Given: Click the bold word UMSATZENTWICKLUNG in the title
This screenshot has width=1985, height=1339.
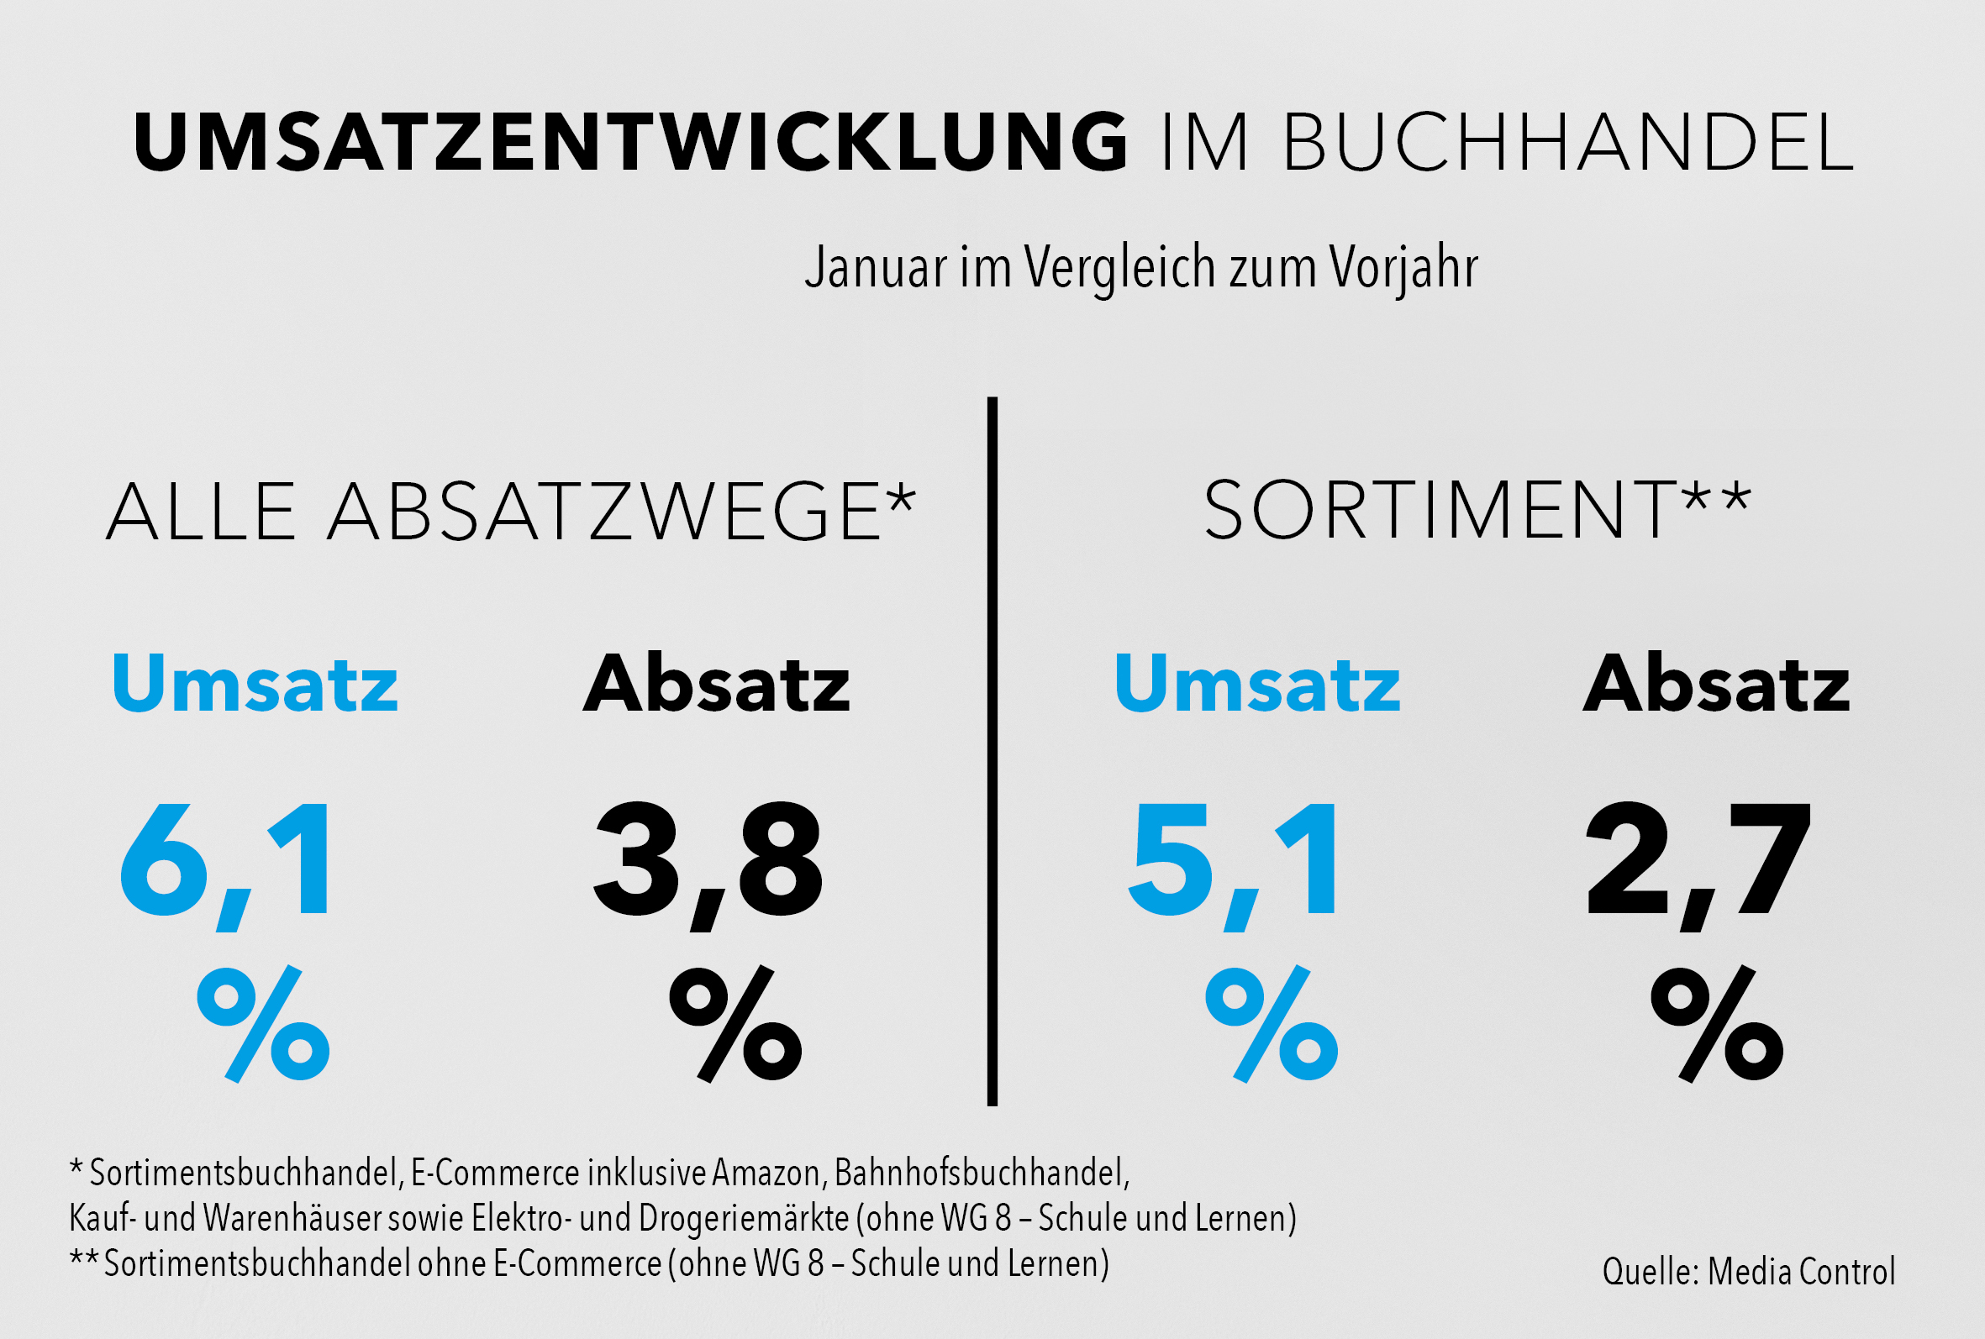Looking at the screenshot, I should pyautogui.click(x=630, y=142).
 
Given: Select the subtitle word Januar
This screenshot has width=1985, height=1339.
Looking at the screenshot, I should pyautogui.click(x=877, y=267).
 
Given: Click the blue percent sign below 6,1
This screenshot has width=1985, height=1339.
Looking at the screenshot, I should pyautogui.click(x=263, y=1024).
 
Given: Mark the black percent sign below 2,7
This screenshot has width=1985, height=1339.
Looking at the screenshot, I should pyautogui.click(x=1717, y=1024).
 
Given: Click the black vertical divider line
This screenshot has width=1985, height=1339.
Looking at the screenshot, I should pyautogui.click(x=992, y=752).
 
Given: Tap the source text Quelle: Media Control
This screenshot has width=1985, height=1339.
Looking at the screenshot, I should pyautogui.click(x=1748, y=1272).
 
